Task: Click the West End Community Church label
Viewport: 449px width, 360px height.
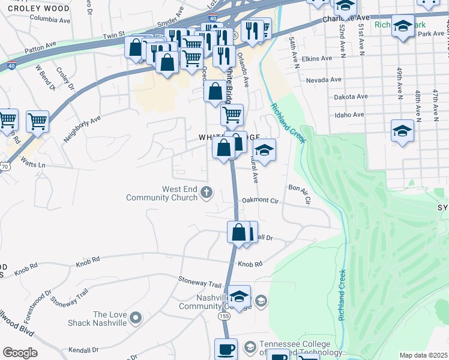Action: tap(171, 193)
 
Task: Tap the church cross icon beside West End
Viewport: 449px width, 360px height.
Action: tap(206, 193)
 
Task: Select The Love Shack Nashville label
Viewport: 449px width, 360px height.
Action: tap(109, 319)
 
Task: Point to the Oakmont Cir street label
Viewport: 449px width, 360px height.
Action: tap(261, 200)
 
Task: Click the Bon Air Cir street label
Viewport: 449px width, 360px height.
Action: tap(298, 196)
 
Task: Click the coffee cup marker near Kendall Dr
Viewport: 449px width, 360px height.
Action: tap(226, 348)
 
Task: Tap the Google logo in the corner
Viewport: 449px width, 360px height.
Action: tap(20, 353)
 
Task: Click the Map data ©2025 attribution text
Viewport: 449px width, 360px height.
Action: tap(423, 355)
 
